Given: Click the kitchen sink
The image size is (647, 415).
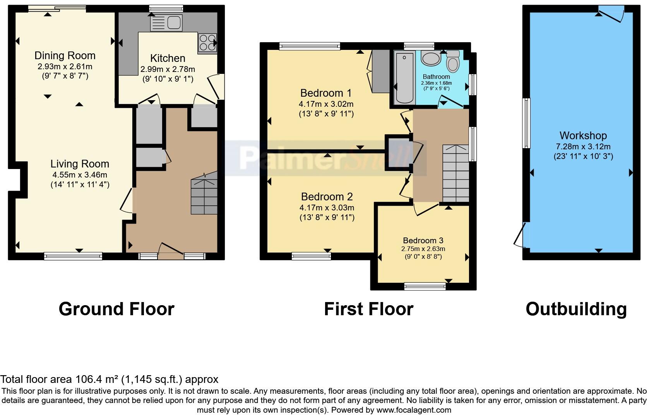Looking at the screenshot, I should coord(166,22).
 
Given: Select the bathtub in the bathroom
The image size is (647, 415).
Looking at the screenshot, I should coord(404,78).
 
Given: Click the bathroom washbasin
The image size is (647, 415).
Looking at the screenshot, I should coord(430,59).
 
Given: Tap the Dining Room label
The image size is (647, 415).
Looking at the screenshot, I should coord(65,56).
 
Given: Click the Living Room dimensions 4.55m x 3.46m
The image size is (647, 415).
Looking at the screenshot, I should coord(80,175).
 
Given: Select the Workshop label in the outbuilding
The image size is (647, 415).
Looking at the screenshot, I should coord(583,136).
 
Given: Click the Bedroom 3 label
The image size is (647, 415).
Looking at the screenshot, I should coord(423,241).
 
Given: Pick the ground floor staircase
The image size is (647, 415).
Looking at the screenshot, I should coord(204,193).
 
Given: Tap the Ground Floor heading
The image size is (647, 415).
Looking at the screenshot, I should coord(116,309).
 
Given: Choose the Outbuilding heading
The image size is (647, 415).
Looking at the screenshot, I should coord(576,309).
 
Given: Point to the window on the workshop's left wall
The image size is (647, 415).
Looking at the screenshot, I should coord(526,123).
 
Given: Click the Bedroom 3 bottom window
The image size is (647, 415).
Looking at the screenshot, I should coord(425,286).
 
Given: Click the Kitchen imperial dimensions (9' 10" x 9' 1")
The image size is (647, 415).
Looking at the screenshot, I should coord(168,79).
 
